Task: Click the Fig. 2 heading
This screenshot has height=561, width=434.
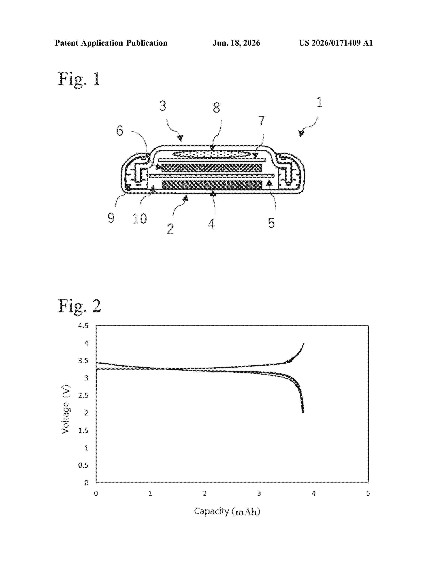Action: coord(79,306)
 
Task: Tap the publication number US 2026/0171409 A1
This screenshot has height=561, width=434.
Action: coord(336,43)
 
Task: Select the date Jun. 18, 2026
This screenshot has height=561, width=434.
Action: coord(236,43)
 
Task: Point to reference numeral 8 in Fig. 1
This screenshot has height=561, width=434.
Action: coord(216,108)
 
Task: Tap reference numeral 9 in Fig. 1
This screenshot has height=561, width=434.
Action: coord(111,218)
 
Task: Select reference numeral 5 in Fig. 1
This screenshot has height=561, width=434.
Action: coord(271,223)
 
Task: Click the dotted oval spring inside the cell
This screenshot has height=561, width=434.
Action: coord(211,154)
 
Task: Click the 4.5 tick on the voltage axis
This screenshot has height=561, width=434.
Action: coord(83,326)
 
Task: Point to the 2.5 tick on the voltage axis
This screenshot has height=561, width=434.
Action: coord(83,396)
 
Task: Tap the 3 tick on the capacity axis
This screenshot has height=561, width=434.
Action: coord(259,494)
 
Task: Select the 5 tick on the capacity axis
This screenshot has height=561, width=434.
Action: coord(368,494)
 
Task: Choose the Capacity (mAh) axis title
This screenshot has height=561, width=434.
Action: coord(227,511)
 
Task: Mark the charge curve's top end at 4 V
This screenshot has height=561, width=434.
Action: coord(304,343)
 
